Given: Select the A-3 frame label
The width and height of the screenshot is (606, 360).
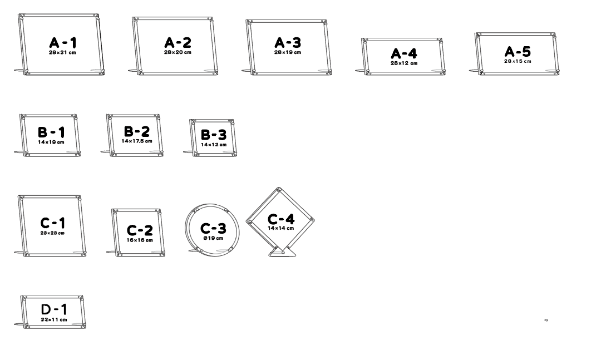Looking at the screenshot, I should click(x=288, y=42).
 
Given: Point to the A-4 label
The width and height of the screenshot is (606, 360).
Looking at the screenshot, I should click(x=404, y=53).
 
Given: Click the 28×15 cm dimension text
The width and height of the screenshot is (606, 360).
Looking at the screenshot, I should click(x=518, y=61).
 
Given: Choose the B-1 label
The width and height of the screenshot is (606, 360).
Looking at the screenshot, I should click(x=51, y=132).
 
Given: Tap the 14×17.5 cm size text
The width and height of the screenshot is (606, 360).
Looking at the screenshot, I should click(x=137, y=141).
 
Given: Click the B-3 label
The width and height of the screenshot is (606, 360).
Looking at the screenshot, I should click(x=214, y=135).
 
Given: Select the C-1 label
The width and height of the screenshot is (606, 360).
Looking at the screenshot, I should click(x=53, y=223).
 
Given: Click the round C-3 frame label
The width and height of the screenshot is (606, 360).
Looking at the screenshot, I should click(x=213, y=228).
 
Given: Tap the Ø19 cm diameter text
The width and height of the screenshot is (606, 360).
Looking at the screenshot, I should click(x=213, y=238).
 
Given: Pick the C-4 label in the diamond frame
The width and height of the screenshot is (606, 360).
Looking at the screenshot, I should click(x=281, y=219).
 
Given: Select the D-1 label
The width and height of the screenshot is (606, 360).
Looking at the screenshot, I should click(x=54, y=309).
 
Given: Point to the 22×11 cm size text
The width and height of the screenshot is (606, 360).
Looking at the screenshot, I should click(x=54, y=320).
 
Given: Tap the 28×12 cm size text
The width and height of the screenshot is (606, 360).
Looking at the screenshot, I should click(x=404, y=63).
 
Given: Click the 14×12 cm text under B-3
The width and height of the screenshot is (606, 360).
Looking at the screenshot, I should click(x=214, y=145).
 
